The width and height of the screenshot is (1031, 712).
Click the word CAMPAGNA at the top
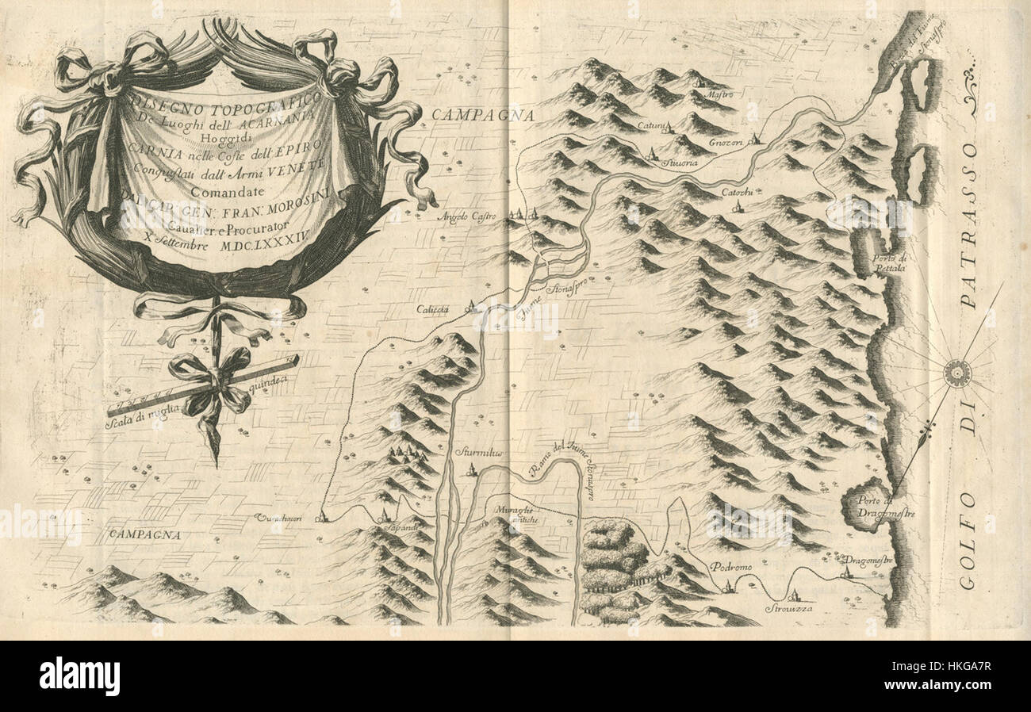click(481, 116)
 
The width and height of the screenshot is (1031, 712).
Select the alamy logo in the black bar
click(79, 676)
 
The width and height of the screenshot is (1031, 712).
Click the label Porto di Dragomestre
click(887, 506)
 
